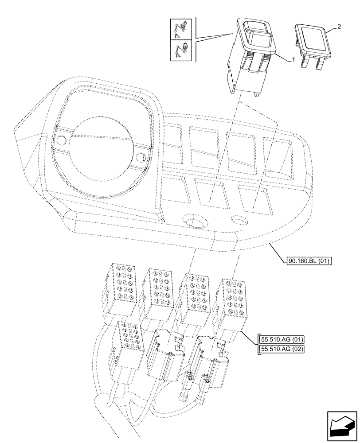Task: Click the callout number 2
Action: (x=339, y=27)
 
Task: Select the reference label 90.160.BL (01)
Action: (x=308, y=260)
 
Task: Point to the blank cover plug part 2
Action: (x=313, y=42)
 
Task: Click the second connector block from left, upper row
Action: (x=158, y=287)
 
